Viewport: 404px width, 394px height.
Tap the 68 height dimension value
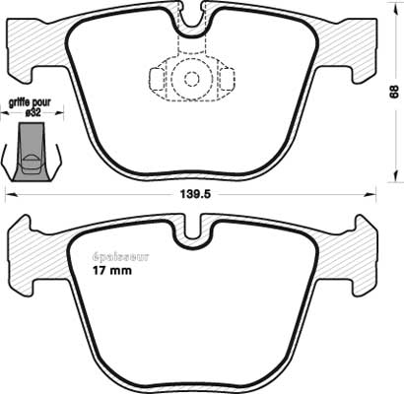click(x=393, y=92)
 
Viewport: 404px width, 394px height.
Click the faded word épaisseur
click(x=120, y=256)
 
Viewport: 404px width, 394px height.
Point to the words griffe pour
click(x=30, y=103)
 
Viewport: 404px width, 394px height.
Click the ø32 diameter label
click(x=33, y=113)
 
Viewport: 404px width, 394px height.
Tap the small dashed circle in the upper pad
click(x=191, y=79)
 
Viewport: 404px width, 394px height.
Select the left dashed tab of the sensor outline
click(x=157, y=79)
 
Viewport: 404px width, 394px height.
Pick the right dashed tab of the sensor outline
click(x=228, y=79)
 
